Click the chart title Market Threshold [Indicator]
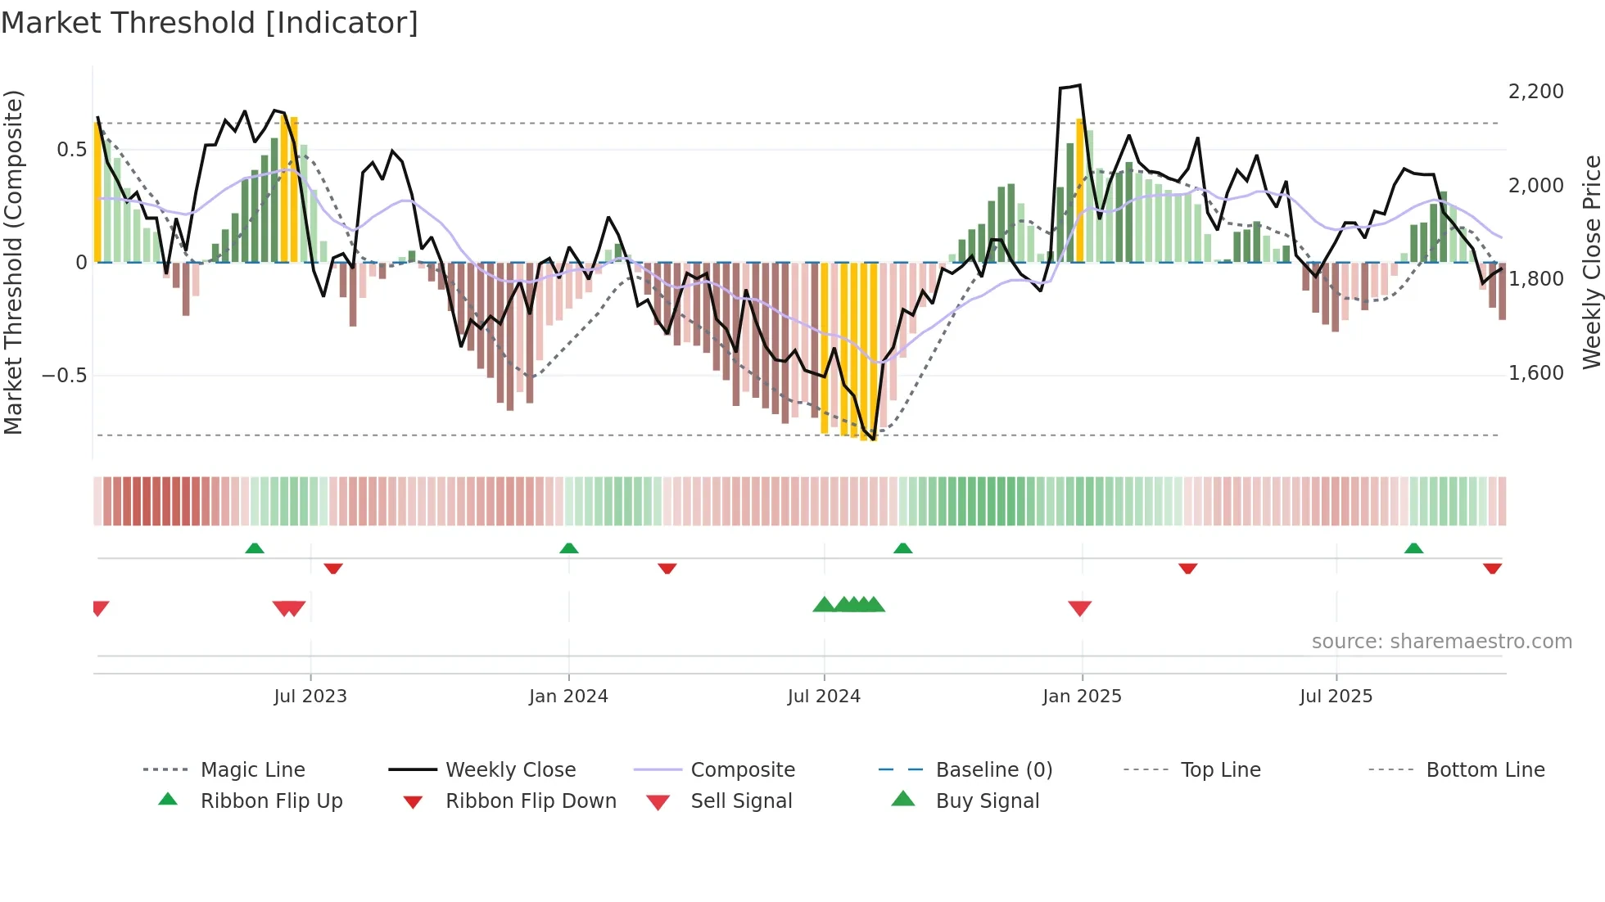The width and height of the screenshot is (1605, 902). pyautogui.click(x=210, y=23)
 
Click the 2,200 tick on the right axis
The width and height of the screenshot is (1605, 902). pyautogui.click(x=1535, y=92)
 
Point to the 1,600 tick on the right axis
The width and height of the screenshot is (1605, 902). pyautogui.click(x=1535, y=373)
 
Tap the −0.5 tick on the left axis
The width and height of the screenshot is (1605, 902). pyautogui.click(x=64, y=376)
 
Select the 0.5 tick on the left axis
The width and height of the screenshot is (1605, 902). pyautogui.click(x=71, y=150)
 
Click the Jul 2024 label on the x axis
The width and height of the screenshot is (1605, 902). pyautogui.click(x=824, y=697)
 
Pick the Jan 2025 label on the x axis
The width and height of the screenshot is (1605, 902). pyautogui.click(x=1082, y=697)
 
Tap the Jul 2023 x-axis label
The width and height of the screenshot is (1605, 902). pyautogui.click(x=310, y=697)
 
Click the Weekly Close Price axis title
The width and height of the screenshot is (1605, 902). pyautogui.click(x=1591, y=262)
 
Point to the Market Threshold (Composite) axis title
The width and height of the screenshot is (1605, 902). pyautogui.click(x=13, y=262)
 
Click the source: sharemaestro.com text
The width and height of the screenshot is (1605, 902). pyautogui.click(x=1441, y=642)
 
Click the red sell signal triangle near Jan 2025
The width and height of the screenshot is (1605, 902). pyautogui.click(x=1079, y=608)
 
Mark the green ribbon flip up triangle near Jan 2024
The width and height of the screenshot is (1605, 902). pyautogui.click(x=569, y=548)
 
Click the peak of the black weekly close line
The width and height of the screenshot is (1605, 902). pyautogui.click(x=1080, y=85)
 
